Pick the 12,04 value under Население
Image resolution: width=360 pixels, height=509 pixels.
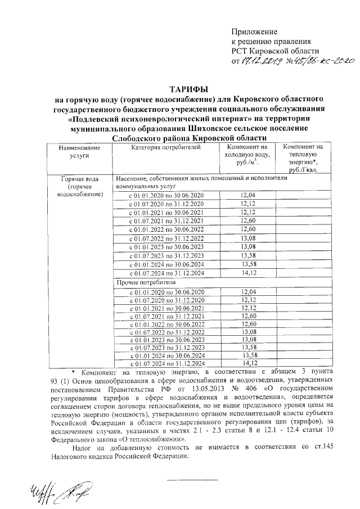coord(247,195)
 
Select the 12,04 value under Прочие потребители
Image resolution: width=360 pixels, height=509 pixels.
coord(247,291)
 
